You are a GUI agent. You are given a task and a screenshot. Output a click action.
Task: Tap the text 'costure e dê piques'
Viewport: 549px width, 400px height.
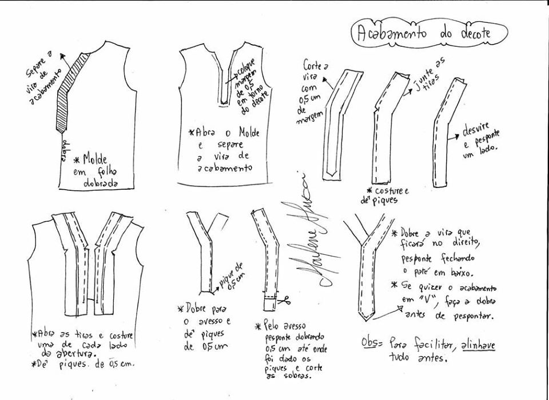386,194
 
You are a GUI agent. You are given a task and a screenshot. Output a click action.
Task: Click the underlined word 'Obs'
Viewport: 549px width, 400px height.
371,342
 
